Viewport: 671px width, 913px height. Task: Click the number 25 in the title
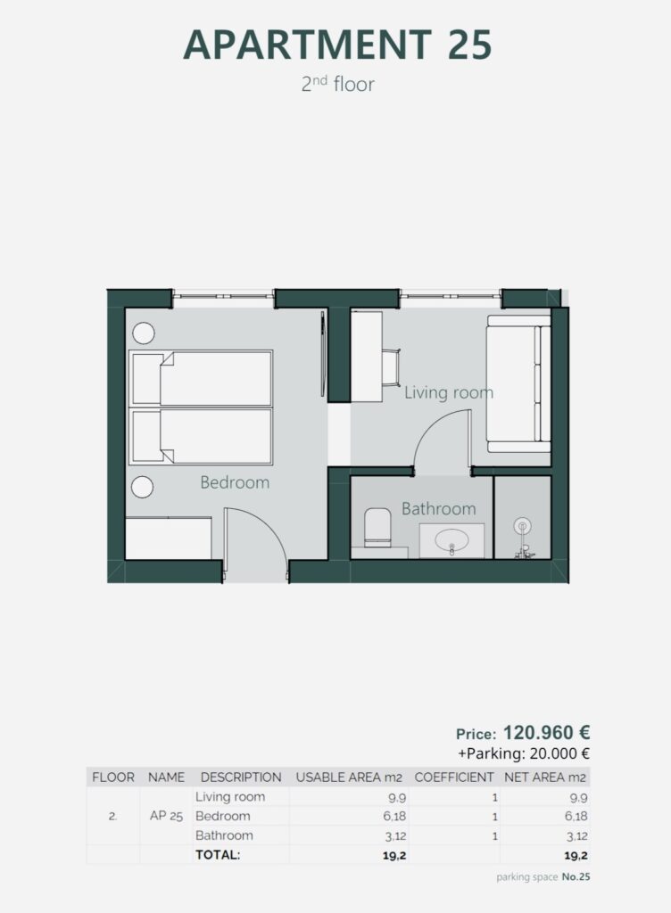(470, 45)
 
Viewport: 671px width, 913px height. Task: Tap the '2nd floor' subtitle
(338, 84)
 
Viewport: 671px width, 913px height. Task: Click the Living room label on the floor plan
(449, 392)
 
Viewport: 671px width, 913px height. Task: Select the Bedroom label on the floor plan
(235, 482)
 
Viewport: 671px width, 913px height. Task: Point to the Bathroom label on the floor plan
(439, 508)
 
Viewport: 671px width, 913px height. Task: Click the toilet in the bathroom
(377, 528)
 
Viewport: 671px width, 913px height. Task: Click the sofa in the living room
(518, 384)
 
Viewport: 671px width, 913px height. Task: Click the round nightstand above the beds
(144, 333)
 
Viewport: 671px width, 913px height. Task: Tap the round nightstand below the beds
(142, 487)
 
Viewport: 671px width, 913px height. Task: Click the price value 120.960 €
(546, 732)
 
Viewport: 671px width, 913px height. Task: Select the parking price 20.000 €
(559, 753)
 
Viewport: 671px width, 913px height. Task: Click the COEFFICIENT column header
(454, 777)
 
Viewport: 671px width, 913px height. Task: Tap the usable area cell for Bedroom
(394, 817)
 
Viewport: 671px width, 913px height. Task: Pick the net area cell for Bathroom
(576, 836)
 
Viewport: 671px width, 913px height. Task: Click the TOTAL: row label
(218, 855)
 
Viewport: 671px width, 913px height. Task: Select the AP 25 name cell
(166, 816)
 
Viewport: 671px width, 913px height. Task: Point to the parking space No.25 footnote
(543, 877)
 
